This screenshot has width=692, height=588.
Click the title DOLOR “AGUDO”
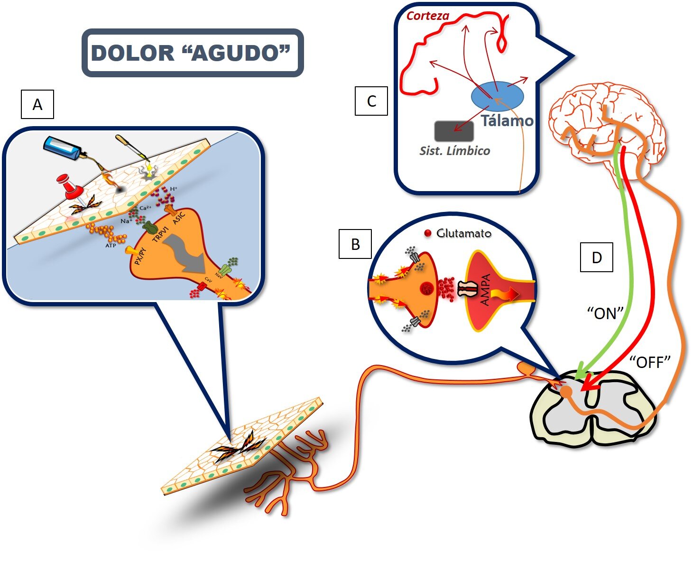click(192, 53)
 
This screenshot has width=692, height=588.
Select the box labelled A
click(37, 104)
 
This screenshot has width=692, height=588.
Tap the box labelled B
click(355, 244)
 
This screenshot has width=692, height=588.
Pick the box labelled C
click(371, 101)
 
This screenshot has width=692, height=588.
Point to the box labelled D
click(596, 257)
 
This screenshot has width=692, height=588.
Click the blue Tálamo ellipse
click(497, 95)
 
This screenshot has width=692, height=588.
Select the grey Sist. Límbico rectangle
click(454, 131)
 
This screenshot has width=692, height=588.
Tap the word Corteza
click(428, 16)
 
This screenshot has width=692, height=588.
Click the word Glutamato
click(463, 233)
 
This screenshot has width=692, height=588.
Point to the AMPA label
click(485, 289)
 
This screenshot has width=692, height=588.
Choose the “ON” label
click(605, 313)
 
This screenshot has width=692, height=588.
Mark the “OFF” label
click(650, 362)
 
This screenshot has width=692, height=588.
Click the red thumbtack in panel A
click(70, 186)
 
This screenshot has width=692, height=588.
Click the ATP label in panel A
click(111, 245)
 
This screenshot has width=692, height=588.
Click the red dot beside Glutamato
click(428, 233)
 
